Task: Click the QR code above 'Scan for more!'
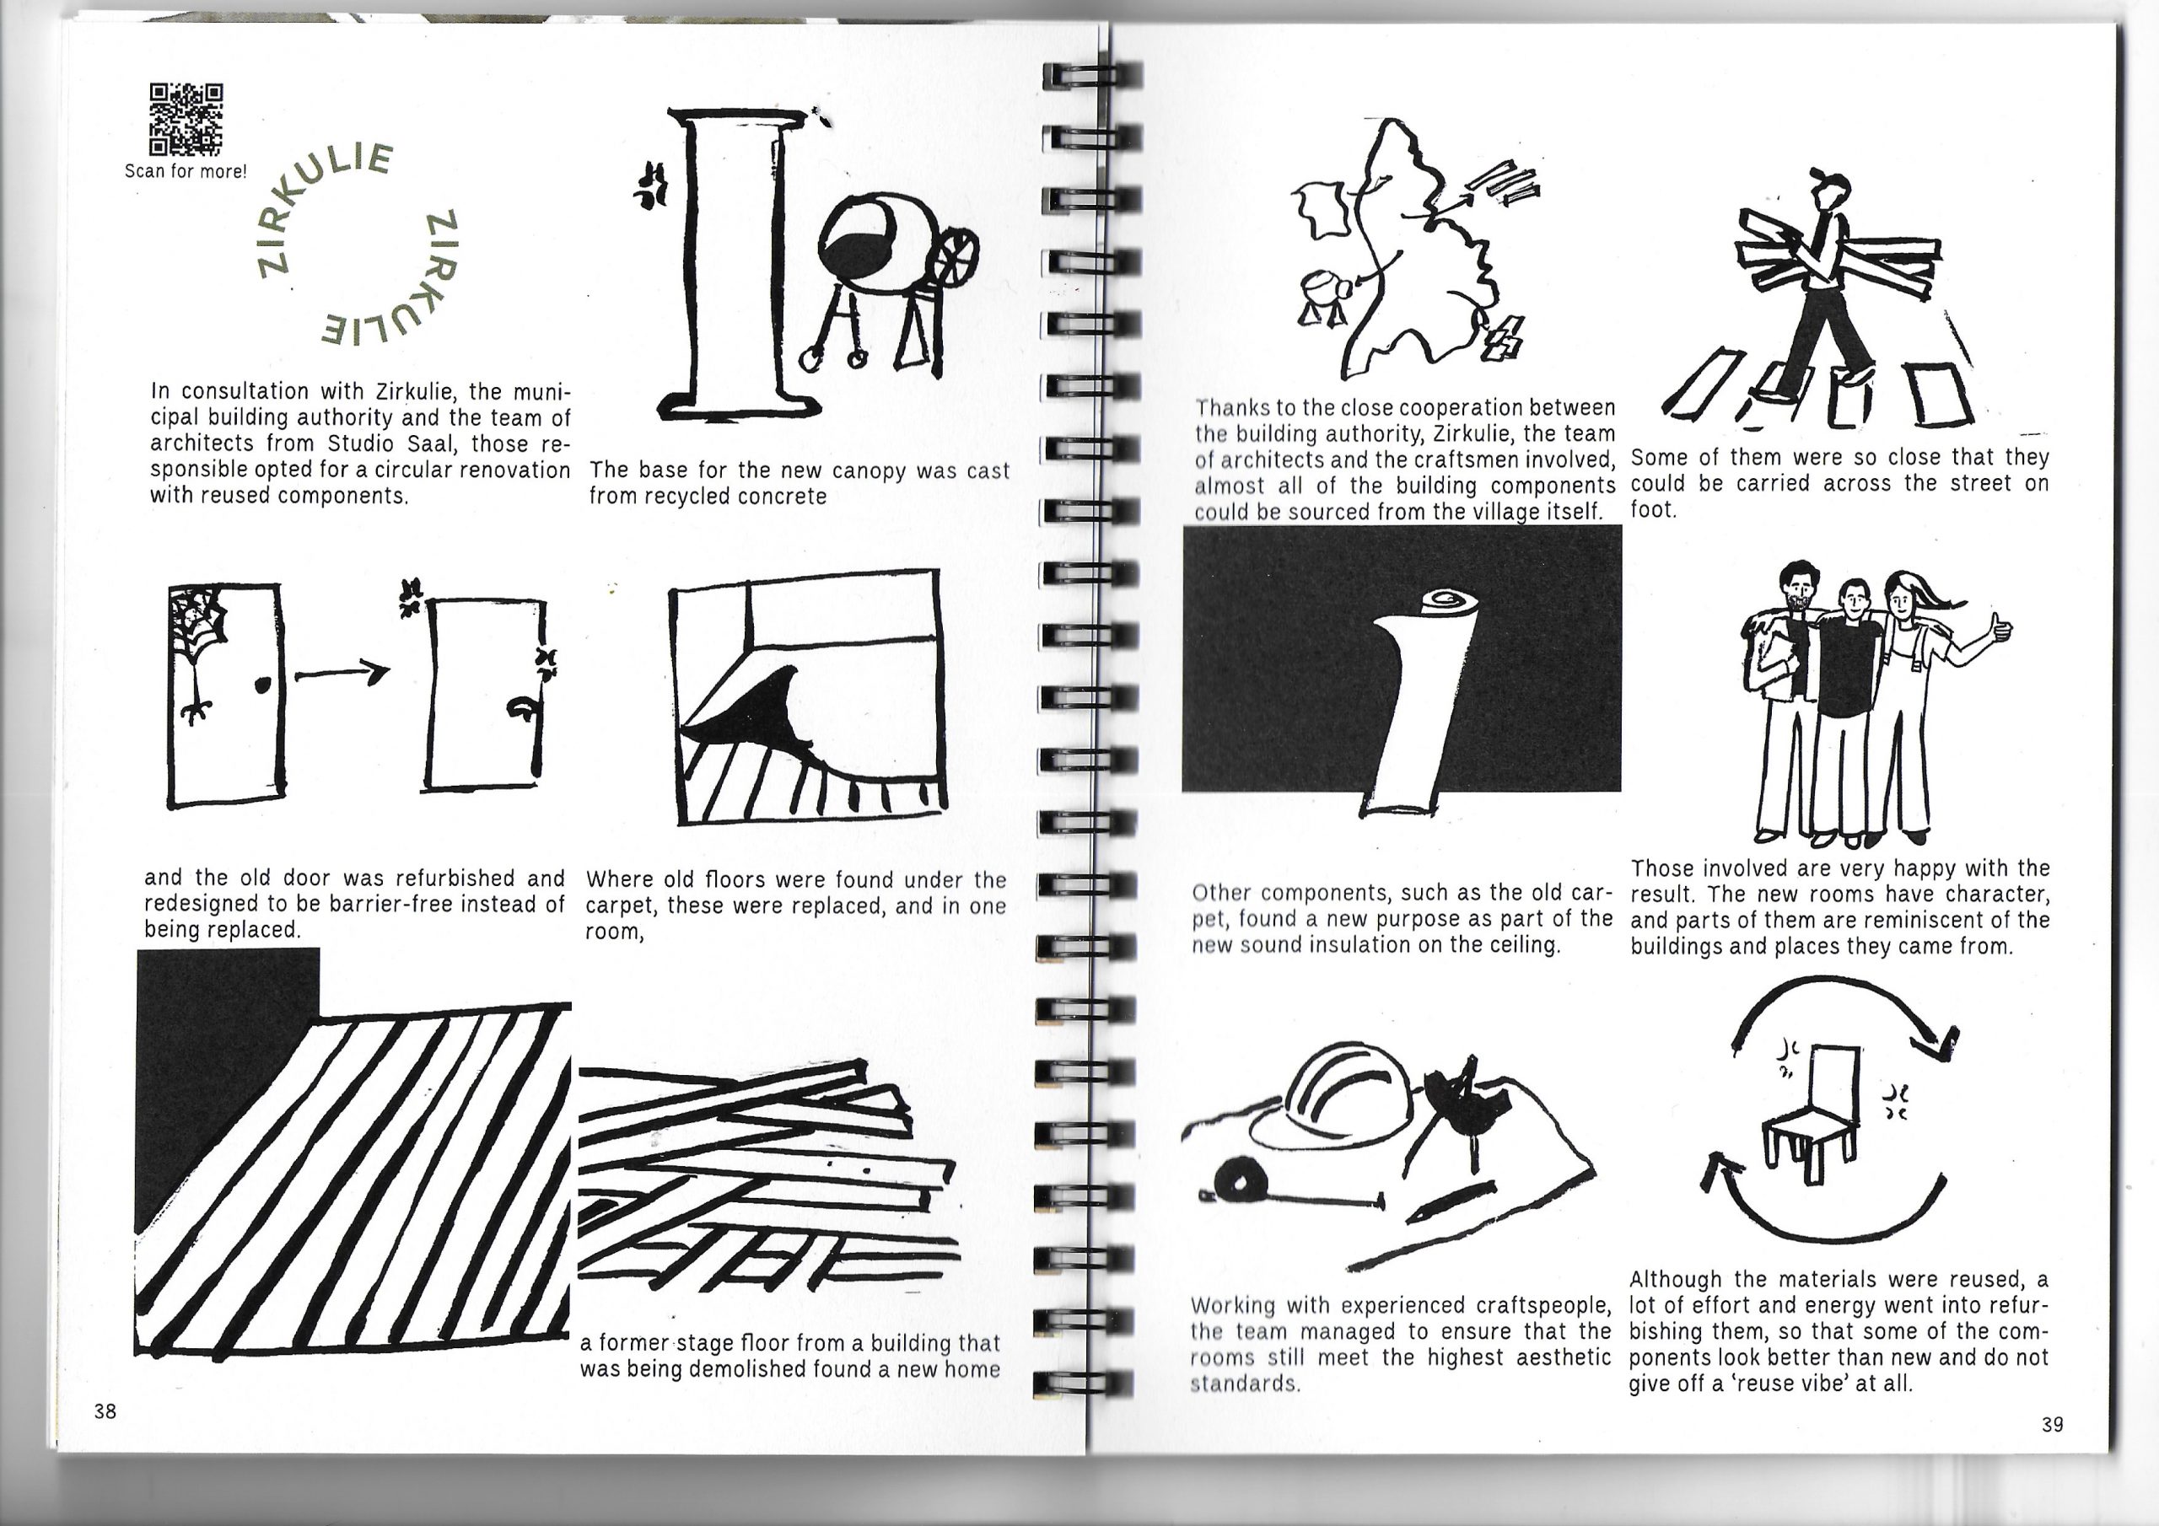[x=186, y=120]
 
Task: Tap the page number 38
[x=105, y=1410]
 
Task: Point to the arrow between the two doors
[x=342, y=672]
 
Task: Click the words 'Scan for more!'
[x=186, y=171]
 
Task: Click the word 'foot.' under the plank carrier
[x=1654, y=509]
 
